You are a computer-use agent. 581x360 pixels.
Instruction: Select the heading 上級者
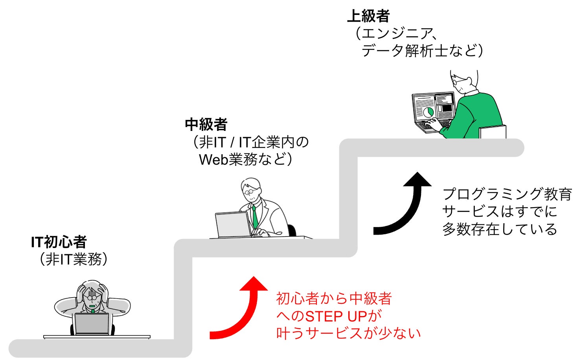(x=368, y=16)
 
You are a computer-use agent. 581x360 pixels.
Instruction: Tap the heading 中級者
(x=206, y=125)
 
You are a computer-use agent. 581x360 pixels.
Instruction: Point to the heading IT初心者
(x=59, y=242)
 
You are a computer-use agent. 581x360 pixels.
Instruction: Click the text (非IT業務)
(x=74, y=259)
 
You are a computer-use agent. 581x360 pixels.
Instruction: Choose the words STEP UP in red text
(x=336, y=316)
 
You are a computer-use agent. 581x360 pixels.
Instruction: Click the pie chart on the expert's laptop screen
(x=428, y=112)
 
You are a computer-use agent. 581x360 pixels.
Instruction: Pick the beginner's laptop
(x=92, y=323)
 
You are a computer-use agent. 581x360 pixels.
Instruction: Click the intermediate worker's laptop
(x=233, y=225)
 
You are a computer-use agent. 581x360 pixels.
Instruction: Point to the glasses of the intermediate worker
(x=249, y=192)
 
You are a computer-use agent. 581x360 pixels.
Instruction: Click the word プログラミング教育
(x=507, y=194)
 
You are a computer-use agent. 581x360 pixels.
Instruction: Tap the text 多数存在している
(x=499, y=229)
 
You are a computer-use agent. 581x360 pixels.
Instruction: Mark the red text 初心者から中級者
(x=334, y=299)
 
